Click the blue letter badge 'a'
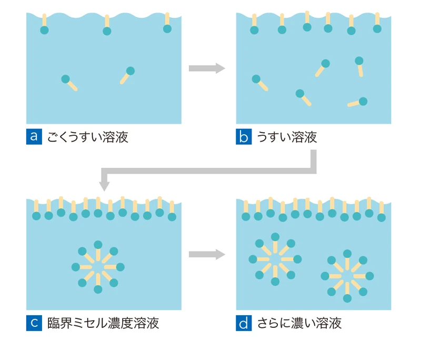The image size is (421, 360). pos(33,137)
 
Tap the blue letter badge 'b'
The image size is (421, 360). pos(244,137)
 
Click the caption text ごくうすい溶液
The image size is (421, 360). pos(87,138)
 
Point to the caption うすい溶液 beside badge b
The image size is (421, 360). pos(287,138)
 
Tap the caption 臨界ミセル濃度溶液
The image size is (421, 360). pos(103,323)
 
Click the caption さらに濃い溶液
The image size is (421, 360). pos(299,323)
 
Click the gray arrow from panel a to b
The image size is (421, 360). pos(207,68)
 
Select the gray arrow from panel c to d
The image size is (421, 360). pos(207,255)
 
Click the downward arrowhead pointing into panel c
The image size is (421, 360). pos(104,185)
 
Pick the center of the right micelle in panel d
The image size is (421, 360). pos(347,276)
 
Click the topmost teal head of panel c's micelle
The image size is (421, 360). pos(98,244)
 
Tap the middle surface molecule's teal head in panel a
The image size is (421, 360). pos(107,31)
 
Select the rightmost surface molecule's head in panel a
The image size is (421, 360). pos(167,28)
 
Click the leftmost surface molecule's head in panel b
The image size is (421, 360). pos(255,29)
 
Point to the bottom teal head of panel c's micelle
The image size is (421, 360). pos(98,289)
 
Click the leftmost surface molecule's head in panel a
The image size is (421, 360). pos(44,30)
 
